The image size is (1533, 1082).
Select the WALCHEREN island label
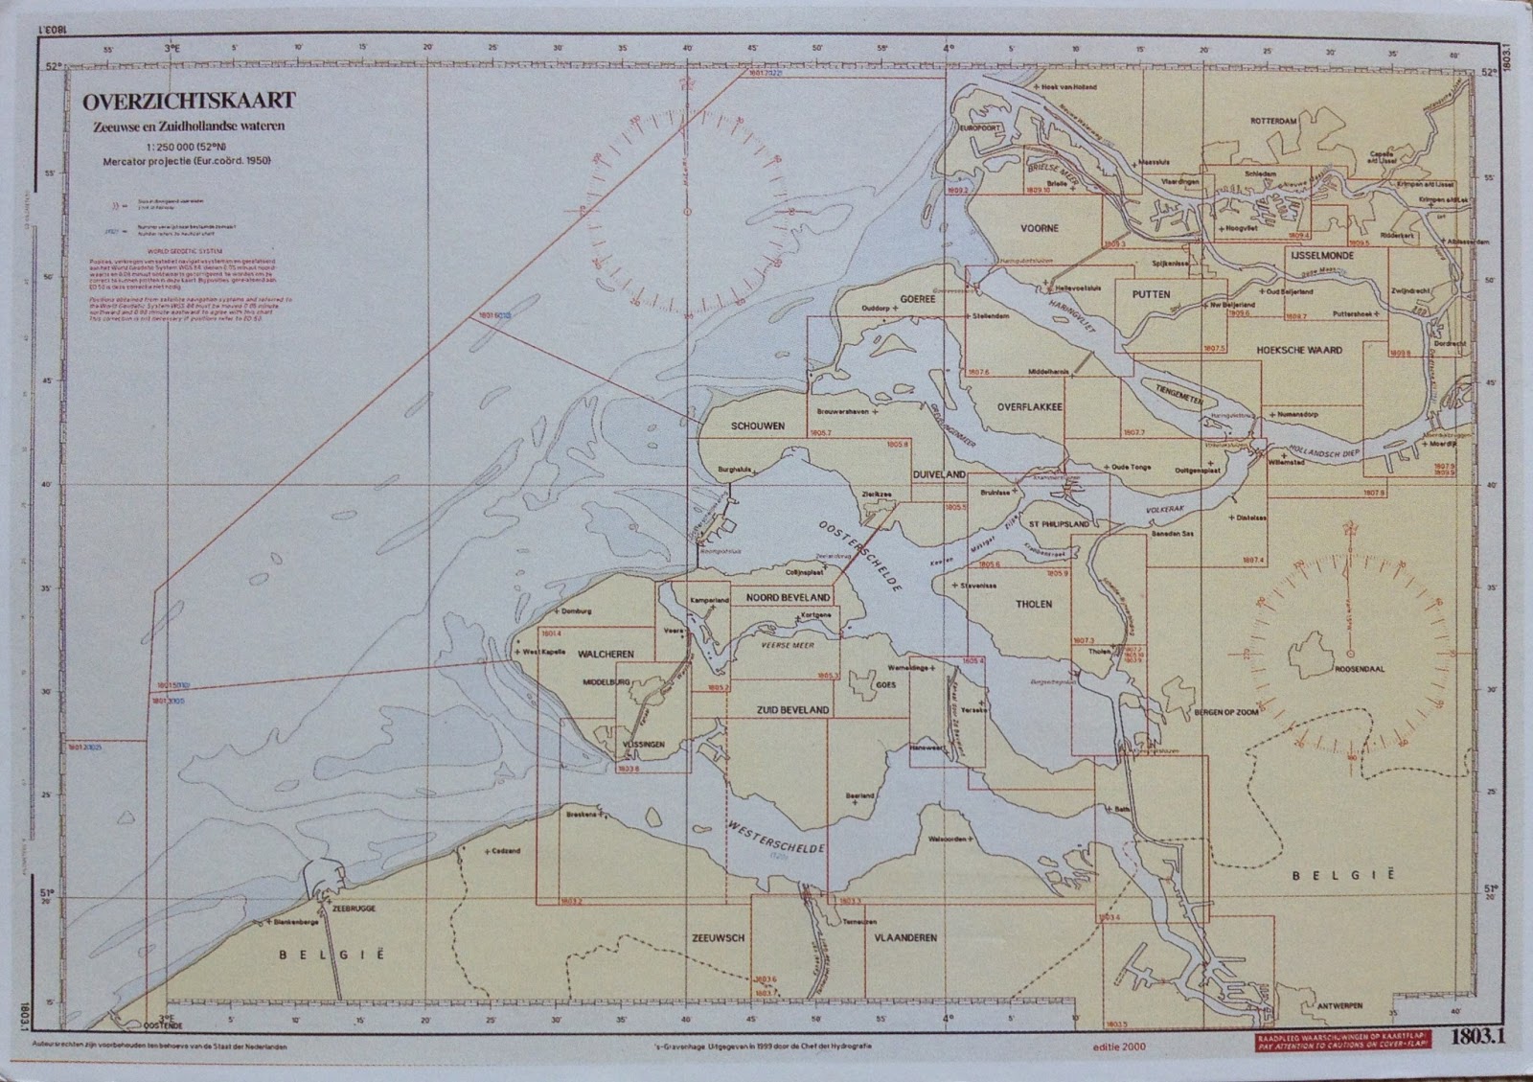[x=606, y=654]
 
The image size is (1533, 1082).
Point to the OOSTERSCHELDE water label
[x=859, y=557]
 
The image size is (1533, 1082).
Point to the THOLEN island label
[x=1034, y=605]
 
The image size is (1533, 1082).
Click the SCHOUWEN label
[x=758, y=426]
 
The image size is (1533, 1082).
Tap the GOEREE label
[x=917, y=299]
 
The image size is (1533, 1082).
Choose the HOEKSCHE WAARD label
[x=1298, y=351]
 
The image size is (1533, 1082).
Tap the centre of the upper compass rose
[x=686, y=211]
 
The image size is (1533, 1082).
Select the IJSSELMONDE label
[x=1321, y=259]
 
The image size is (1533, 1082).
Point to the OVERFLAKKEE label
[x=1029, y=407]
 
